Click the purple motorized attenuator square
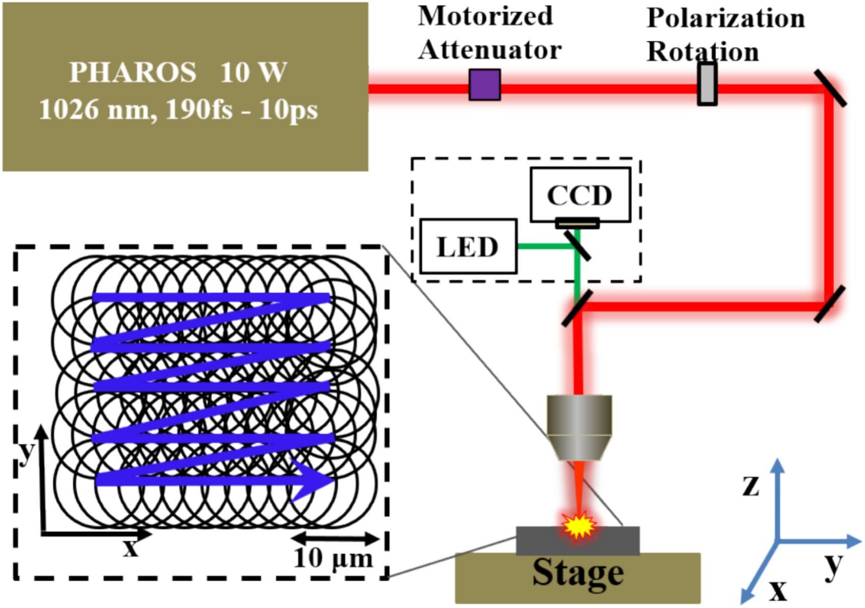tap(484, 85)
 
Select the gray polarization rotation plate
tap(707, 85)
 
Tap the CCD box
tap(580, 195)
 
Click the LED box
tap(468, 247)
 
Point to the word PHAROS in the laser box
tap(132, 72)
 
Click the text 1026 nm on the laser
tap(96, 109)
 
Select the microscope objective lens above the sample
tap(579, 428)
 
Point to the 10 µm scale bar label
tap(334, 559)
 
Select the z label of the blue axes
tap(751, 485)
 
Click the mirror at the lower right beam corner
tap(829, 304)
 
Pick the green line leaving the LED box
tap(543, 246)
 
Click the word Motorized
tap(485, 16)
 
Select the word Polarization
tap(725, 19)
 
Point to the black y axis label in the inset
tap(26, 451)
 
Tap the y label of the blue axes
tap(833, 565)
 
